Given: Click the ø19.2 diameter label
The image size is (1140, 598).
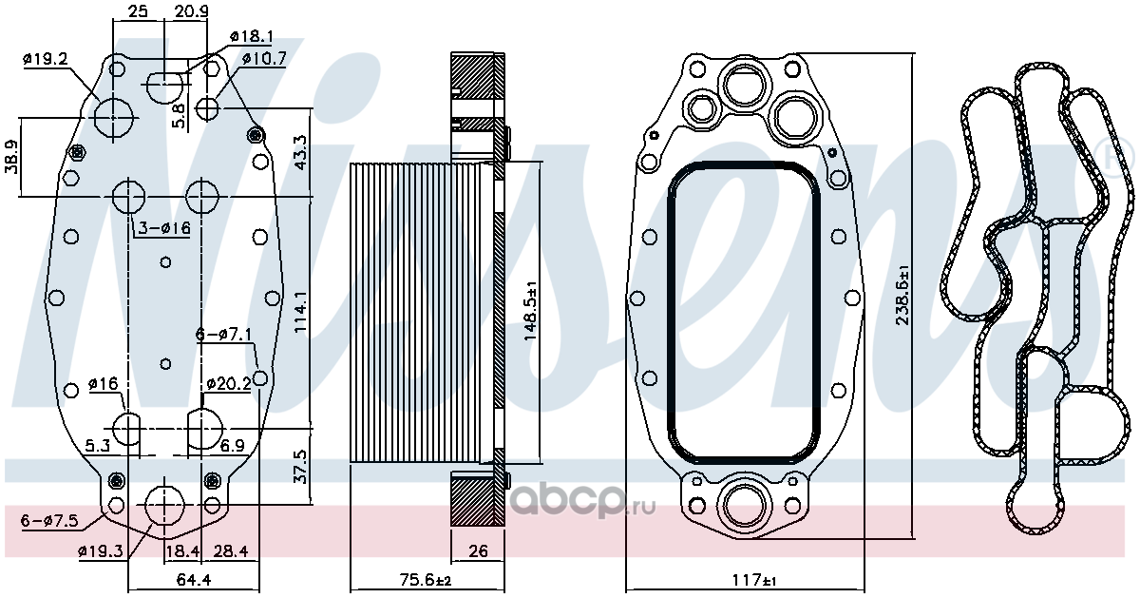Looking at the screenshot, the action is pos(46,59).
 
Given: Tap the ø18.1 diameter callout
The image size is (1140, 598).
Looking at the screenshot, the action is pos(252,36).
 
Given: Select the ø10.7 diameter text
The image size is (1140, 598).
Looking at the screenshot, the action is pos(264,58).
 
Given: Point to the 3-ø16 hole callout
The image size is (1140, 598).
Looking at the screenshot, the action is pos(164,227).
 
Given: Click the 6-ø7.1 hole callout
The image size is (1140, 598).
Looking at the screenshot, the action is pos(224,335).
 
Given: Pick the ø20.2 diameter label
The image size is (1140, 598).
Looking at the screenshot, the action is pos(229,383).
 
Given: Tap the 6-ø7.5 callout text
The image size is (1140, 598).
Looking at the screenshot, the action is pos(49,521).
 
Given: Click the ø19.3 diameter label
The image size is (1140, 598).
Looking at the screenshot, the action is pos(101,551).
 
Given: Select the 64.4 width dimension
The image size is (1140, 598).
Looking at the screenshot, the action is pos(194,579).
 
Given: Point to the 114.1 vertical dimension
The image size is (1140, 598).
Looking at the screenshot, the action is pos(301,312).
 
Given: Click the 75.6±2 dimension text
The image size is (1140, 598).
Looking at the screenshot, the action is pos(426,580).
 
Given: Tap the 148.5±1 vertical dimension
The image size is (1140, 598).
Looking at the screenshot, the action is pos(530,311).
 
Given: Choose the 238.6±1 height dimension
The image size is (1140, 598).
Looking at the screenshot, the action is pos(902,295).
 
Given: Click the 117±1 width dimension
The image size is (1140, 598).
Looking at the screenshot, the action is pos(754,580).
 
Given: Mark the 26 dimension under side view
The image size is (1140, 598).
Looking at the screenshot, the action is pos(478,551).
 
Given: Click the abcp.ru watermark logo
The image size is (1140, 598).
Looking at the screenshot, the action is pos(582,500).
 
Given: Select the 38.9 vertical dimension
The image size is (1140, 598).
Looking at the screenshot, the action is pos(11,157).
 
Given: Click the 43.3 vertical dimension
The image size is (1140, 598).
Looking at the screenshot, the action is pos(301,152).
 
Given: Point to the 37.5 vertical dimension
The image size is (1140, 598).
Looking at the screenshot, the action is pos(301,467).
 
